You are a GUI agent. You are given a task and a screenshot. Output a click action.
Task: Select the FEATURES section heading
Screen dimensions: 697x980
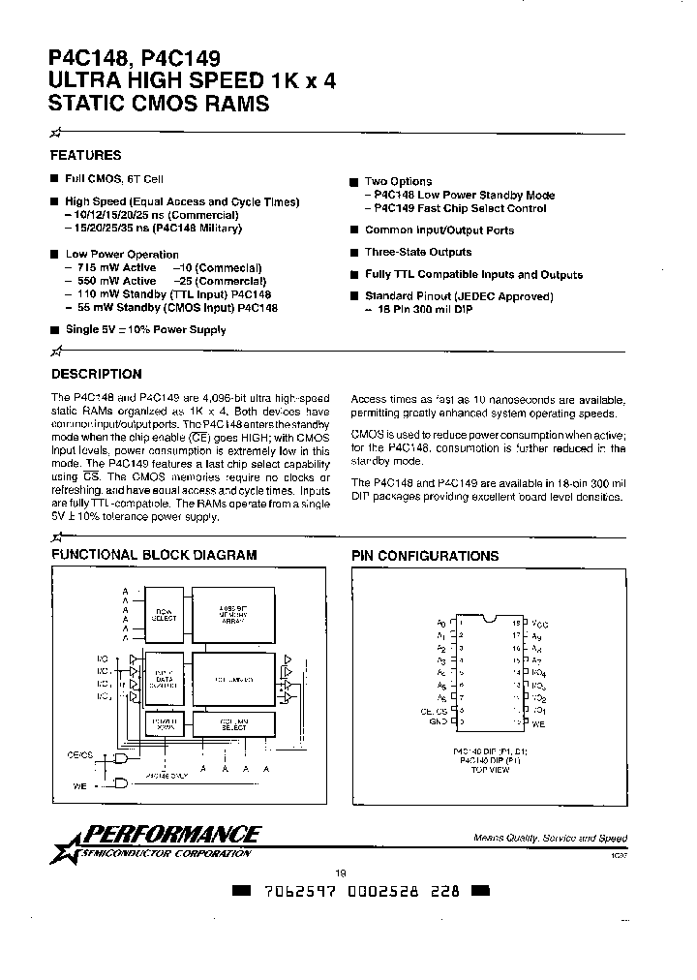(85, 155)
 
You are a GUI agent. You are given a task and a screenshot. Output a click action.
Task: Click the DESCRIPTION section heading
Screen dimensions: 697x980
(96, 374)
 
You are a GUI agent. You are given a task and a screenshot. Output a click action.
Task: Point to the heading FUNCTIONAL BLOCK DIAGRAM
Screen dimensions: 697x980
(154, 555)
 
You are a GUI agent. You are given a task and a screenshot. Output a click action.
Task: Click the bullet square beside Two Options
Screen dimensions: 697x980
(355, 181)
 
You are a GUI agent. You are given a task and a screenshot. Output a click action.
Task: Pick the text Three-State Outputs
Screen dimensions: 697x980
(417, 252)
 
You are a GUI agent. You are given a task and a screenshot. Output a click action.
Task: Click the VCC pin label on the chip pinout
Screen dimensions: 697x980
(540, 625)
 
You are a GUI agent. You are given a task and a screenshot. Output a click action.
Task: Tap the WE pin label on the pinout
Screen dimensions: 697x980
(538, 722)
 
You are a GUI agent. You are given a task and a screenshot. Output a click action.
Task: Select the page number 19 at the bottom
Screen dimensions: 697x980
(340, 873)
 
